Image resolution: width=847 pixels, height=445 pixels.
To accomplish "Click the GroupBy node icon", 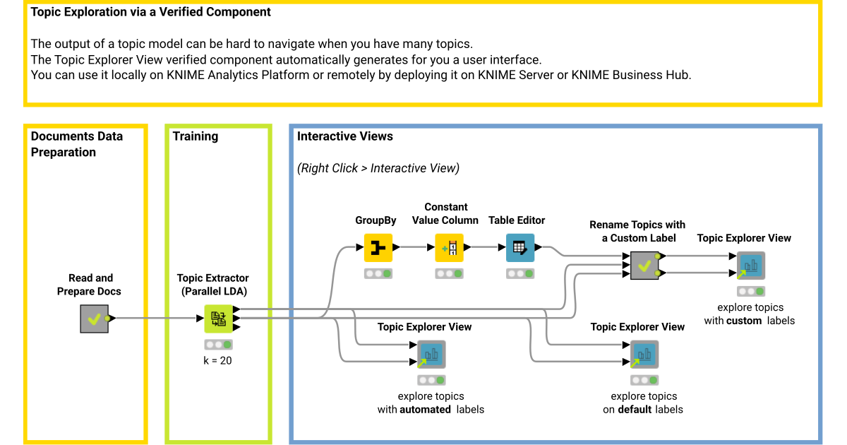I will point(378,248).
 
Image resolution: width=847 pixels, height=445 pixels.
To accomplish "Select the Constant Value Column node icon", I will point(449,248).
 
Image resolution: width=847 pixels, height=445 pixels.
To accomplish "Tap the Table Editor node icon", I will point(520,248).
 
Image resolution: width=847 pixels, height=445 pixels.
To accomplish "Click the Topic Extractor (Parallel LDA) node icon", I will point(219,319).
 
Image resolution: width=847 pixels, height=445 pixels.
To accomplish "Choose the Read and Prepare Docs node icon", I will point(94,319).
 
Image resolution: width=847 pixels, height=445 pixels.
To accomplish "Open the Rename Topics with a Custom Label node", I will point(644,266).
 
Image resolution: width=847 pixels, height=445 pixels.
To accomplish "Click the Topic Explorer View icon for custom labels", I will point(750,266).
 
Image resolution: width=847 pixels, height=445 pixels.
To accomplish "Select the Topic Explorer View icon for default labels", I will point(644,355).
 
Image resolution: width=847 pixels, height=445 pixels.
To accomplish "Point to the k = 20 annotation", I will point(217,360).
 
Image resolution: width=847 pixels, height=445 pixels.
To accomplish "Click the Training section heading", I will point(196,136).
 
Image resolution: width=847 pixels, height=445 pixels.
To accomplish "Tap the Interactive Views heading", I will point(344,136).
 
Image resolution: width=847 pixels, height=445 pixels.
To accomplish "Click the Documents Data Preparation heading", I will point(76,144).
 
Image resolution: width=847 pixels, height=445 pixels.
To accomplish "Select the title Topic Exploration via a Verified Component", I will point(151,13).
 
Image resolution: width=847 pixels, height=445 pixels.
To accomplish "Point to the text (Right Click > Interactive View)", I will point(378,168).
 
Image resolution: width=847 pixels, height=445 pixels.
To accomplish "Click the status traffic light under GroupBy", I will point(378,273).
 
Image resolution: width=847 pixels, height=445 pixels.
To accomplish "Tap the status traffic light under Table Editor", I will point(520,273).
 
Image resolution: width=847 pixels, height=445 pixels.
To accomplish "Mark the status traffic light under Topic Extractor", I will point(219,345).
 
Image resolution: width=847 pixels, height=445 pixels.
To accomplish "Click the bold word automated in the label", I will point(425,409).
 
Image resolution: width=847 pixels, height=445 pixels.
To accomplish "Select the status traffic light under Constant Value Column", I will point(449,273).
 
